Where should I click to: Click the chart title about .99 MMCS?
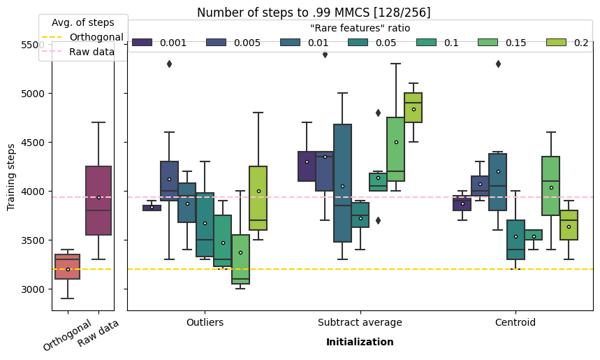(x=314, y=13)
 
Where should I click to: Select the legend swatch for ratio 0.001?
(x=142, y=43)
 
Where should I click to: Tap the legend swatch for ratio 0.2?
(x=556, y=43)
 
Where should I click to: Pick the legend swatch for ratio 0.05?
(x=358, y=43)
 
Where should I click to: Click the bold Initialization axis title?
(x=360, y=343)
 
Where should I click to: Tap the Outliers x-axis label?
(x=205, y=322)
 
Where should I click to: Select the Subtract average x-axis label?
(x=360, y=322)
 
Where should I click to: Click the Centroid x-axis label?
(x=515, y=322)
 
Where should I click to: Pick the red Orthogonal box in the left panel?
(x=67, y=266)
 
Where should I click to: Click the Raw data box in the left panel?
(x=98, y=201)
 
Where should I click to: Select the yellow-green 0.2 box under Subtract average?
(x=413, y=108)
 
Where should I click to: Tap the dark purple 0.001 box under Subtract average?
(x=307, y=166)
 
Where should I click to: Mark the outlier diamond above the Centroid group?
(x=498, y=64)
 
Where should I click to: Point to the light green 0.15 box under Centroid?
(x=550, y=176)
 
